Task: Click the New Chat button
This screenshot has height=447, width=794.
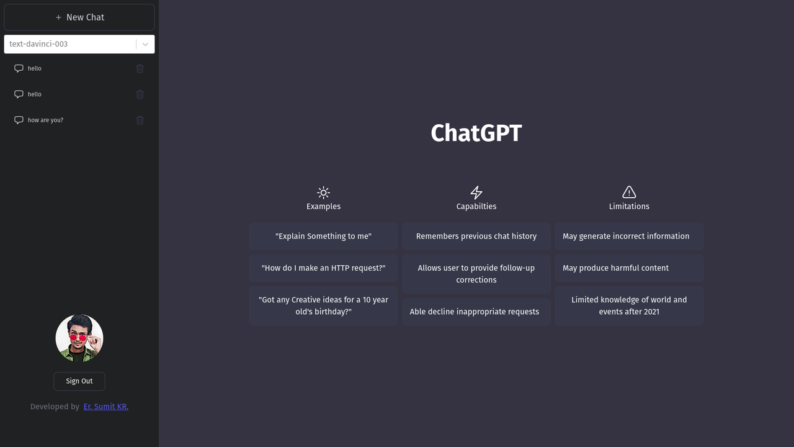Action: (79, 17)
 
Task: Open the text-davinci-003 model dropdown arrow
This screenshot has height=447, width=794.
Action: (145, 44)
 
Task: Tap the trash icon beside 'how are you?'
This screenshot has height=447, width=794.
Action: (140, 120)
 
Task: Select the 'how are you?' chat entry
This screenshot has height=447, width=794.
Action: (45, 120)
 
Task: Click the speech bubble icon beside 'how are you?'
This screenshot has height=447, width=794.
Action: (19, 120)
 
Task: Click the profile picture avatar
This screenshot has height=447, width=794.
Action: (79, 338)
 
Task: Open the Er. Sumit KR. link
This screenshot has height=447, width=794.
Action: (106, 407)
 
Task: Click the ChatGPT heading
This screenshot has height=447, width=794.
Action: (476, 133)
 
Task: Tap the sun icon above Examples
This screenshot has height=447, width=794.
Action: (323, 192)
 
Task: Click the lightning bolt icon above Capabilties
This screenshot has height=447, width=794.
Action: (476, 192)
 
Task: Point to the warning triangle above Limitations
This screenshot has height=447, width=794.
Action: (629, 192)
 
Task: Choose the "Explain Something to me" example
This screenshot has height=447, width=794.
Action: (323, 236)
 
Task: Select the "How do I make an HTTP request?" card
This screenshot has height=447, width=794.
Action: (323, 268)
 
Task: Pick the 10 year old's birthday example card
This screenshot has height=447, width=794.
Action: (323, 305)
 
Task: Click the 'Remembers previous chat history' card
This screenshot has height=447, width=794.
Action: (476, 236)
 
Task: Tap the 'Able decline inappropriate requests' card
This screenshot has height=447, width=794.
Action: (476, 312)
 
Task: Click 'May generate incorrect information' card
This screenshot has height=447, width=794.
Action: (629, 236)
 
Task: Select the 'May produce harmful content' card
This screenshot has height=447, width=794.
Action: (629, 268)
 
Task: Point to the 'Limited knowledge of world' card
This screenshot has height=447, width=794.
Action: (629, 305)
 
